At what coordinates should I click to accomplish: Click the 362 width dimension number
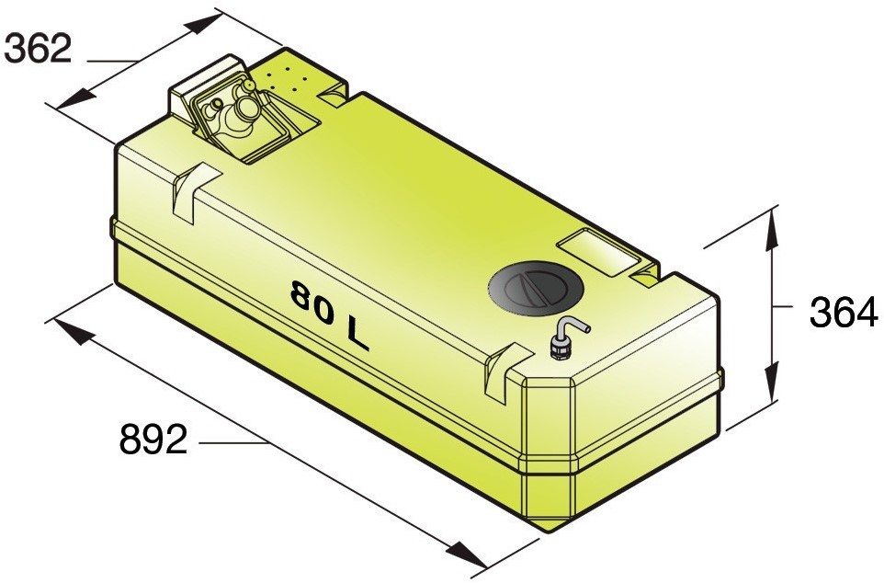pyautogui.click(x=38, y=49)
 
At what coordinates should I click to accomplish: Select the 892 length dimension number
pyautogui.click(x=153, y=440)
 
